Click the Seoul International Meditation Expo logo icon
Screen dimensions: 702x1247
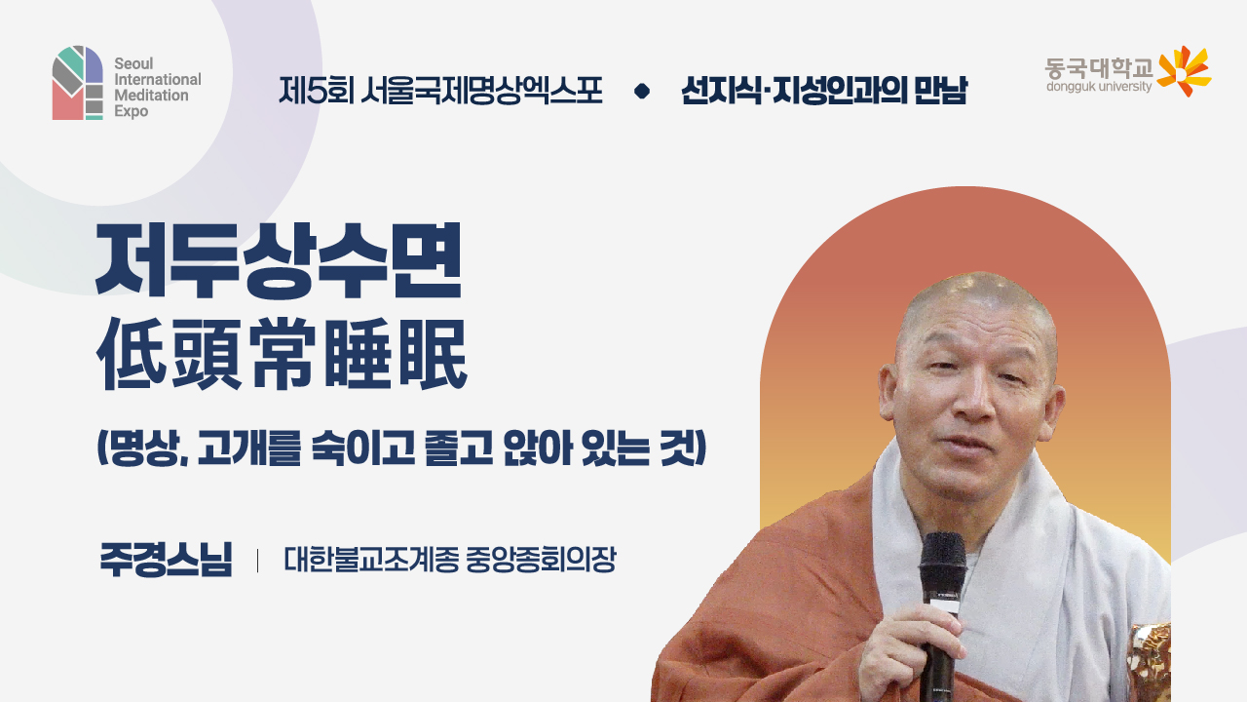(x=78, y=83)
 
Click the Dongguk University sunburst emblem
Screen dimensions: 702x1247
(x=1184, y=70)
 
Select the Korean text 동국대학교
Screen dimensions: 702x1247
(x=1098, y=67)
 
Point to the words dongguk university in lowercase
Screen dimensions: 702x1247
(x=1098, y=87)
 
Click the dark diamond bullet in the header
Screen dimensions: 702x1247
(x=642, y=92)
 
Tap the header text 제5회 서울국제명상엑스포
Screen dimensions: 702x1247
(x=440, y=92)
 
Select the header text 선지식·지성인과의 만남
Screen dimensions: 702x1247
(x=824, y=92)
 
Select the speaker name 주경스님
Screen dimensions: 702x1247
(x=166, y=562)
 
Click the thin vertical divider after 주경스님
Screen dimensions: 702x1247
(x=257, y=562)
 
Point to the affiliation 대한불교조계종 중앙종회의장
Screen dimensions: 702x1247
(x=449, y=562)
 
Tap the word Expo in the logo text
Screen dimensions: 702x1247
(x=131, y=112)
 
